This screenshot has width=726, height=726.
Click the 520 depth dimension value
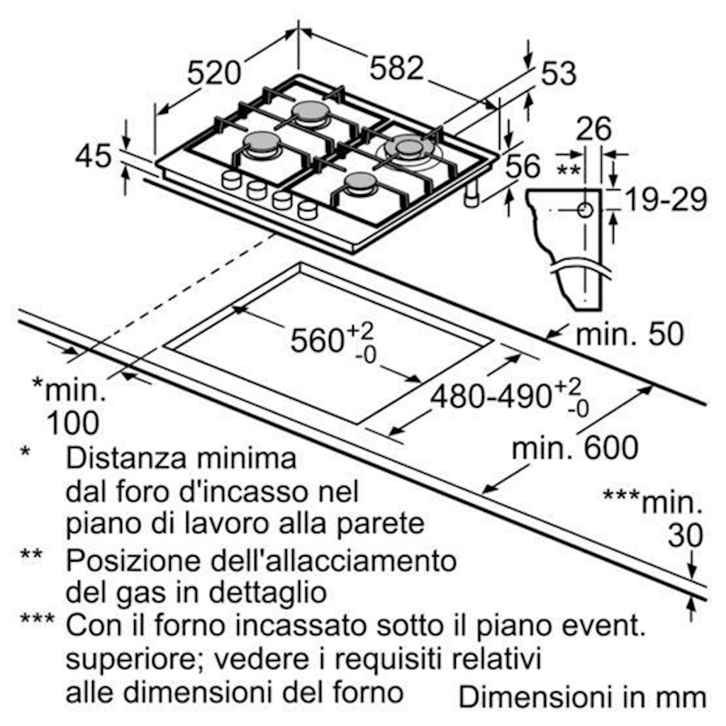[215, 73]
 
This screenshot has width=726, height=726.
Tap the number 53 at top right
[559, 74]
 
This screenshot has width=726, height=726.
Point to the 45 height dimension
[94, 157]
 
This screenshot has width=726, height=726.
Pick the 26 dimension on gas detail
[593, 130]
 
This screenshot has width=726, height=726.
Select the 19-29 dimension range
[665, 201]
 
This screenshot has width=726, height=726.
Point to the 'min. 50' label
[630, 334]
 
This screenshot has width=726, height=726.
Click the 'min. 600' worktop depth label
[575, 447]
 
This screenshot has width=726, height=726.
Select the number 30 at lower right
[685, 537]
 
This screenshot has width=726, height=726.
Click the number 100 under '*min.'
[72, 423]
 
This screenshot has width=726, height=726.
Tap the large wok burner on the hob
[409, 147]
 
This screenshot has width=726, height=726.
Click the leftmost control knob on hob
[232, 180]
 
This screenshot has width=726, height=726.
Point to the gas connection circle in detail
[586, 210]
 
